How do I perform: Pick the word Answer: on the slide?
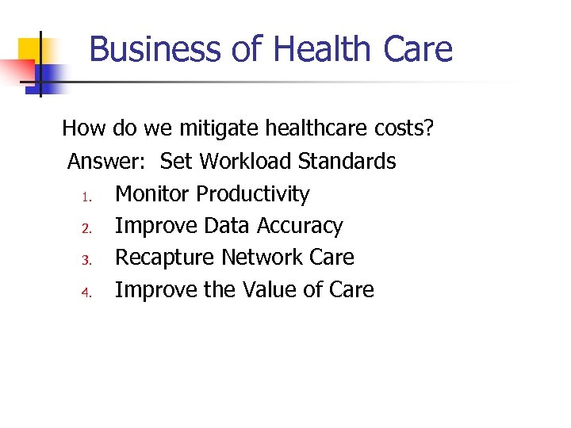pos(106,162)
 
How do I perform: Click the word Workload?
pos(245,162)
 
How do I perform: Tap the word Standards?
pos(347,162)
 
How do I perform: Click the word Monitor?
pos(152,194)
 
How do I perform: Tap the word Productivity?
pos(253,194)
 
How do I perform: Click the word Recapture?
pos(165,258)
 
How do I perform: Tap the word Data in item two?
pos(225,226)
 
